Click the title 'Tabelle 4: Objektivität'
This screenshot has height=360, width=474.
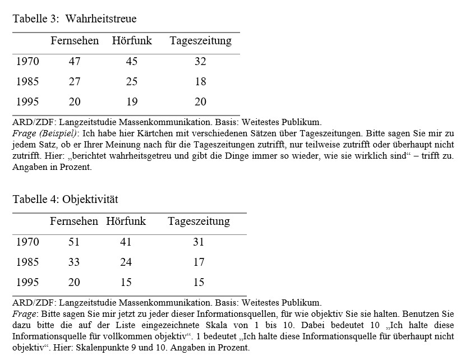[66, 200]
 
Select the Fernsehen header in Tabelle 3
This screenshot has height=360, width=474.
[75, 41]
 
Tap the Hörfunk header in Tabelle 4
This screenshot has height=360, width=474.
[126, 221]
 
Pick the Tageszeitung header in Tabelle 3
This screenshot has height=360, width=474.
[200, 41]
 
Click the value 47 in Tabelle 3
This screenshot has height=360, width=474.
[75, 62]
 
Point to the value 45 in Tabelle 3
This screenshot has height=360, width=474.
[132, 62]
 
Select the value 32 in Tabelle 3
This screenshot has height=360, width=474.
[200, 62]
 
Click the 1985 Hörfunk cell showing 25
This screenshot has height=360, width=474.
[132, 82]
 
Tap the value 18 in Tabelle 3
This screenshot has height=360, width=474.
[200, 82]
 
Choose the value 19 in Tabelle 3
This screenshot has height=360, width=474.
[132, 102]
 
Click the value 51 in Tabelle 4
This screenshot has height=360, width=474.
[74, 242]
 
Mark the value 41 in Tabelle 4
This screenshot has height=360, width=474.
[126, 242]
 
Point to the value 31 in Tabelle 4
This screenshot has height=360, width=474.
[199, 242]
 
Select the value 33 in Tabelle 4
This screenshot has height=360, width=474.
[74, 262]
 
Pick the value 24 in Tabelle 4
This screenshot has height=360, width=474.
[126, 262]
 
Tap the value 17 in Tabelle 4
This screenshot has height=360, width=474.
[199, 262]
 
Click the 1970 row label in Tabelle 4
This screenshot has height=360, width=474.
[28, 242]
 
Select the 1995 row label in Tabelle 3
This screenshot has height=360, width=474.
[28, 102]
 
